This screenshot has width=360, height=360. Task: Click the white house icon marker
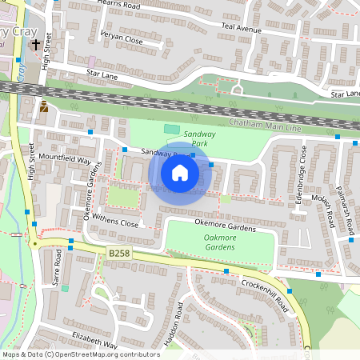[180, 173]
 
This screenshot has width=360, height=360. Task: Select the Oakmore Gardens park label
[220, 242]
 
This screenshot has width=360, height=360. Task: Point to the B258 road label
[118, 252]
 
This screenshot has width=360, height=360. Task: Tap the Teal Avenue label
[242, 28]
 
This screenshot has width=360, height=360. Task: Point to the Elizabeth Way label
[94, 339]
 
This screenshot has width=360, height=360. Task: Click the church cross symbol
[36, 45]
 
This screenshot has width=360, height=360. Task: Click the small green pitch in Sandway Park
[171, 129]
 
